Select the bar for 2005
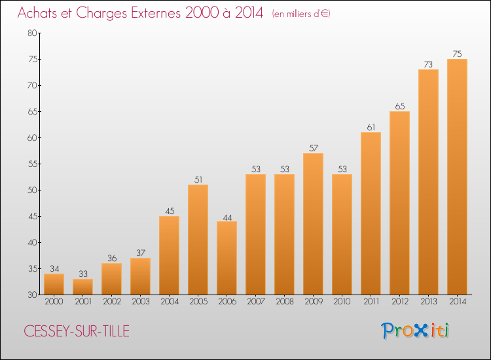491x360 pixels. point(198,240)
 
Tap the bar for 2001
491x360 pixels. point(82,287)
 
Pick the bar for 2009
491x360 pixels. point(313,224)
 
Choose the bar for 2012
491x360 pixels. point(399,203)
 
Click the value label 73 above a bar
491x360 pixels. point(428,64)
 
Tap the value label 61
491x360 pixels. point(371,127)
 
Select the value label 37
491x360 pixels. point(140,253)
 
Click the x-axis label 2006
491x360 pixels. point(227,302)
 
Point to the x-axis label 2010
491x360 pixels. point(342,302)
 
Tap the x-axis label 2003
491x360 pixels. point(140,302)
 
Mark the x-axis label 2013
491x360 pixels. point(428,302)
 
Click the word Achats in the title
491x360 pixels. point(41,13)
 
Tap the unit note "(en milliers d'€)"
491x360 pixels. point(301,14)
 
